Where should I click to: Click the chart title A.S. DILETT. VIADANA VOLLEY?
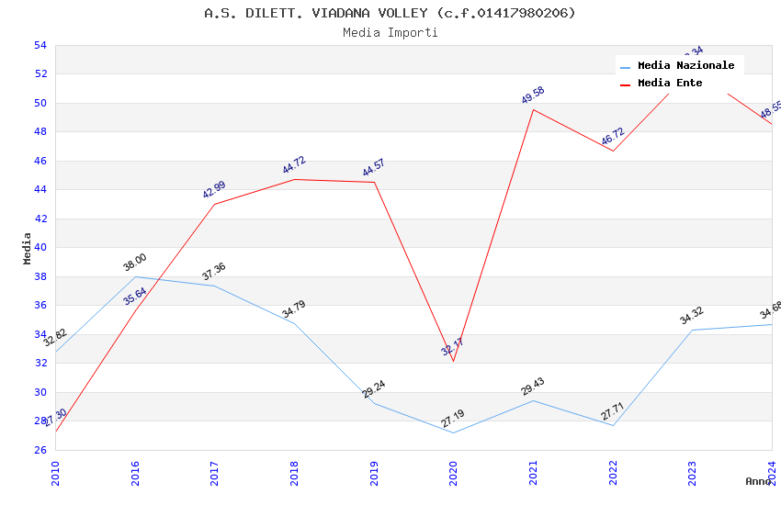click(390, 13)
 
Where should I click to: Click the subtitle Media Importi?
click(390, 32)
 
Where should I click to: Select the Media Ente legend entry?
click(670, 83)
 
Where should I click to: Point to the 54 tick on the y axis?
click(40, 45)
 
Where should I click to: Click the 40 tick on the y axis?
click(40, 248)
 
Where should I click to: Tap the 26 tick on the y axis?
click(40, 450)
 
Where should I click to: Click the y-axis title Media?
click(28, 248)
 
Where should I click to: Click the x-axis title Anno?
click(758, 481)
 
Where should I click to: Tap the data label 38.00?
click(135, 263)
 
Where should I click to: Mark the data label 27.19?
click(453, 419)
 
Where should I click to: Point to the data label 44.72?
click(294, 165)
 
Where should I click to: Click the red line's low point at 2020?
click(453, 361)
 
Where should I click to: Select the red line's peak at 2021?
click(533, 109)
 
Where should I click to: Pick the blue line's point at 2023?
click(692, 330)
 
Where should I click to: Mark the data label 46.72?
click(613, 137)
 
